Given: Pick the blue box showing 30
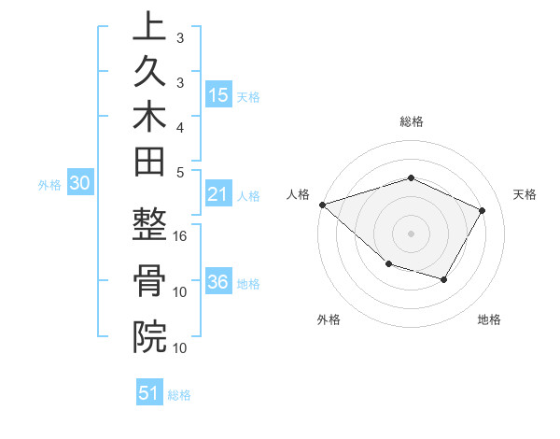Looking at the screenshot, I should [80, 184].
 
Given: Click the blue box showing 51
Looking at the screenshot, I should [149, 393].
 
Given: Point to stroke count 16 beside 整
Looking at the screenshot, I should [180, 235].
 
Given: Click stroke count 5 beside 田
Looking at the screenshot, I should [180, 171].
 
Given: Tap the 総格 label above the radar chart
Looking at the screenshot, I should [412, 121].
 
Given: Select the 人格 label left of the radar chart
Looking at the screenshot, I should [299, 194].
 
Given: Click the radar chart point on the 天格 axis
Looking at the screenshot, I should [482, 210].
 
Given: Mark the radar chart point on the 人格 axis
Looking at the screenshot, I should [322, 204].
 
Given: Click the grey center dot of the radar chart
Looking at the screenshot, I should [412, 233].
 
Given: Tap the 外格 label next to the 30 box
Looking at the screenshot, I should [49, 185].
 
